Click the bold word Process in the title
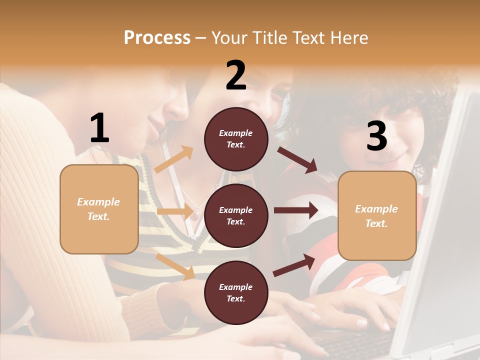coord(157,38)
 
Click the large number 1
coord(99,128)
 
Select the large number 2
coord(236,75)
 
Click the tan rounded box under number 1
coord(99,209)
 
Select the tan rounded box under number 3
coord(377,215)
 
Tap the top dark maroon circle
coord(236,138)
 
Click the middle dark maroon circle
coord(236,215)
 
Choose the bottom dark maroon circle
coord(236,292)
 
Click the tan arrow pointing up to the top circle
coord(174,159)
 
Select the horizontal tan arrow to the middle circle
coord(175,211)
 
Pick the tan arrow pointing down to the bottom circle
coord(175,265)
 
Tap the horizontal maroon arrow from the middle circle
coord(296,210)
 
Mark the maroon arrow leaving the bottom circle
coord(294,265)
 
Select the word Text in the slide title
coord(309,38)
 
